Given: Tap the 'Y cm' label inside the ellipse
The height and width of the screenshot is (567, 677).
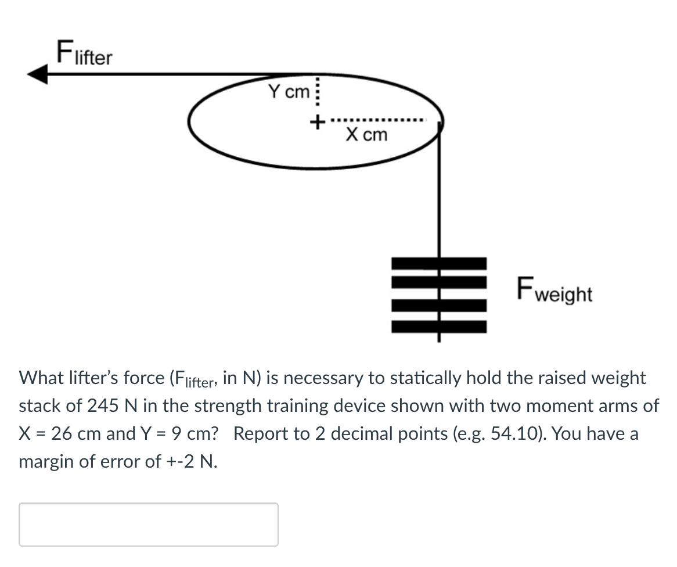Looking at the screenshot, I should (x=289, y=92).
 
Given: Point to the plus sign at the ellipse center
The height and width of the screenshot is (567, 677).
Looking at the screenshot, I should (x=317, y=123).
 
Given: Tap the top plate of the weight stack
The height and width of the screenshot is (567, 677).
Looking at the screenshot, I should (x=439, y=263).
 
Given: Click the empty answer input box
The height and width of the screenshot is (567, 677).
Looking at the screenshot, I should (x=149, y=524).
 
